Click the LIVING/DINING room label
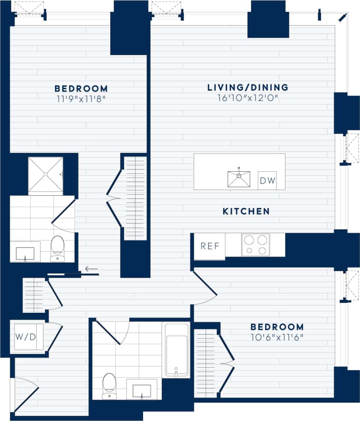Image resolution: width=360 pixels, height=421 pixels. coord(248,88)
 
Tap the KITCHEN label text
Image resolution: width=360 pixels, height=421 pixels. coord(246,211)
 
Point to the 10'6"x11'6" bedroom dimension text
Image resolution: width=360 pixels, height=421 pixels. coord(277,337)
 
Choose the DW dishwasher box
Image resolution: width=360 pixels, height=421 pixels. coord(267,181)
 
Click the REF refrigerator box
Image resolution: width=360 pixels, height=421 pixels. coord(209,246)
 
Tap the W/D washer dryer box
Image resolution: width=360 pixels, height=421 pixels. coord(26,337)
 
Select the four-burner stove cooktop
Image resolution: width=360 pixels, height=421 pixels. coord(256,245)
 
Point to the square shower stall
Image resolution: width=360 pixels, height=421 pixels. coord(45,176)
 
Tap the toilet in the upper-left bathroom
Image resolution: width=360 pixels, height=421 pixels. coord(57,248)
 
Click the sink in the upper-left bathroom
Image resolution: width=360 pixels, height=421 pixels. coord(25,254)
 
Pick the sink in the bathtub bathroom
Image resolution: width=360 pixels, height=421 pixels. coord(141,391)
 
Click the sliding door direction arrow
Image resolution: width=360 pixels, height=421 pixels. coord(91,269)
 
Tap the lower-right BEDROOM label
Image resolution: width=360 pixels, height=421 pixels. coord(277,327)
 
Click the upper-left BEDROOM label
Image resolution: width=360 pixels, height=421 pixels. coord(81,89)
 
